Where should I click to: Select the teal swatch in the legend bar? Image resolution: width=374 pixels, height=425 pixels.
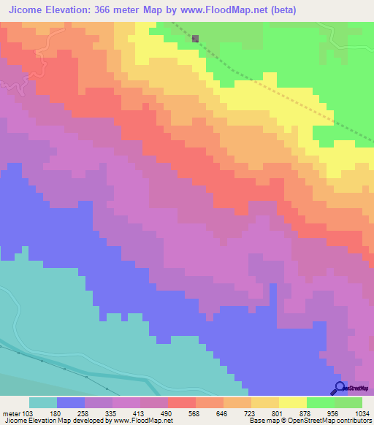click(x=43, y=402)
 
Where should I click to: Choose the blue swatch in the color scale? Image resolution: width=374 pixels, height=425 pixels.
click(x=71, y=402)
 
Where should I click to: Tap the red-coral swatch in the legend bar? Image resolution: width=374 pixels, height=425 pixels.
click(x=182, y=402)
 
